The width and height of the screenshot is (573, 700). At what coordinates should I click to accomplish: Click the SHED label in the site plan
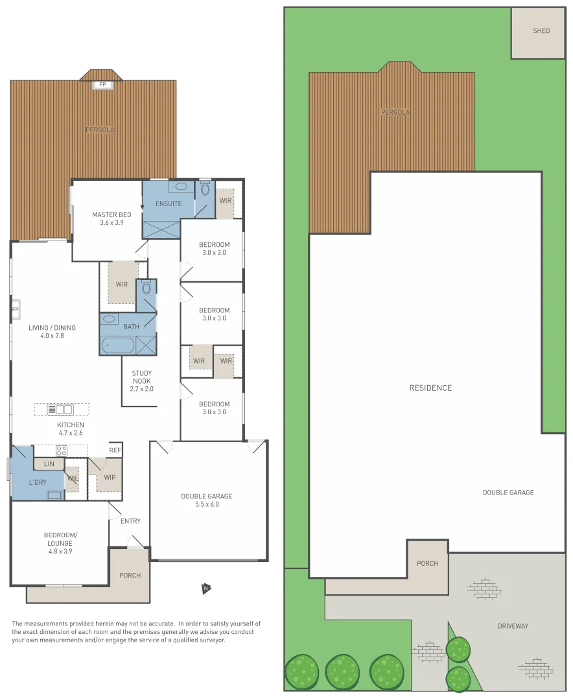point(541,31)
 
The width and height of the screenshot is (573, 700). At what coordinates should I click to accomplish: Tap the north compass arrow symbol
point(206,589)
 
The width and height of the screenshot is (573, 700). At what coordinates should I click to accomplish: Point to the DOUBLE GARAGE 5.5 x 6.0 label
point(206,500)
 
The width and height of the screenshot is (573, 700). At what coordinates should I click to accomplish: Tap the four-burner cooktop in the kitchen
point(62,450)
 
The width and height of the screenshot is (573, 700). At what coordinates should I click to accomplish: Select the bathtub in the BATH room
point(118,345)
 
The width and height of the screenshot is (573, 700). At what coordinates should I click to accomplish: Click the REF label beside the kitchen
point(115,450)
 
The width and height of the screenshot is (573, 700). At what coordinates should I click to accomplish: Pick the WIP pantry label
point(110,478)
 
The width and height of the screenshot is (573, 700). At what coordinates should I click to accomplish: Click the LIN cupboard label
point(49,464)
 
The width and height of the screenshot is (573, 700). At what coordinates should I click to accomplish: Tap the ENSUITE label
point(168,204)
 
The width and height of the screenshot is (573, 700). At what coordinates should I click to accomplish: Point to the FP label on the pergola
point(102,85)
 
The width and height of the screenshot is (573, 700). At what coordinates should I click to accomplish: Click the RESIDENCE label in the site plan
point(430,388)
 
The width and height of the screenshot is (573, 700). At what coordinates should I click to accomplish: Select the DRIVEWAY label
point(513,626)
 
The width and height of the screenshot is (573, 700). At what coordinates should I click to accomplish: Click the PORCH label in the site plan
point(427,563)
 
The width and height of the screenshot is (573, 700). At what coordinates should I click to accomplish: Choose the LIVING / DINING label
point(52,332)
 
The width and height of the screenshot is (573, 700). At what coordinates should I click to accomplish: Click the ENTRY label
point(130,521)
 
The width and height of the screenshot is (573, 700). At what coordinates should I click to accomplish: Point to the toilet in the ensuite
point(205,189)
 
